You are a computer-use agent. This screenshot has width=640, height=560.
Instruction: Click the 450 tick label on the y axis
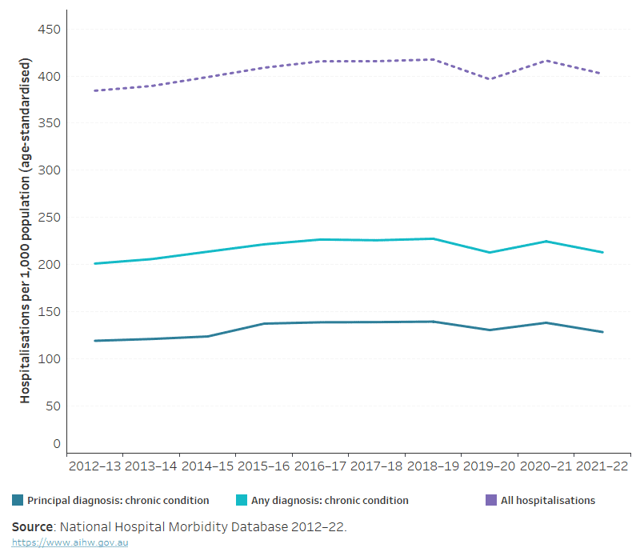click(49, 30)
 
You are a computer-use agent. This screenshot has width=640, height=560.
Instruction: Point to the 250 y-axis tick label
click(49, 218)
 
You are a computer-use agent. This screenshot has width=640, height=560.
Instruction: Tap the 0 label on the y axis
click(57, 444)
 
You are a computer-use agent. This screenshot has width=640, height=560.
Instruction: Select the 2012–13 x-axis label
click(94, 466)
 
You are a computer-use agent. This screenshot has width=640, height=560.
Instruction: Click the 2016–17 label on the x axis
click(320, 466)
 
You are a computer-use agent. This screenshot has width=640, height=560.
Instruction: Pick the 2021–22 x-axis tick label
click(602, 466)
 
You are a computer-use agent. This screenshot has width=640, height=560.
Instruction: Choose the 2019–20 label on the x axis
click(489, 466)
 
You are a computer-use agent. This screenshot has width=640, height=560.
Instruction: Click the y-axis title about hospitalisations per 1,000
click(26, 230)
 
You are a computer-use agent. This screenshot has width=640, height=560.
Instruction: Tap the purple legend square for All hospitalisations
click(491, 500)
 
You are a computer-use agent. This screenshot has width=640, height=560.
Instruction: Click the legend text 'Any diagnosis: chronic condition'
click(330, 501)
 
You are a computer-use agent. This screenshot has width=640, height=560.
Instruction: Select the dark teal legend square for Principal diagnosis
click(18, 500)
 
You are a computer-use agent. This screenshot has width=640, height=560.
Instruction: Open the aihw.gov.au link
click(70, 542)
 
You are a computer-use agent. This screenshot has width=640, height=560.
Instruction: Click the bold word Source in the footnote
click(32, 527)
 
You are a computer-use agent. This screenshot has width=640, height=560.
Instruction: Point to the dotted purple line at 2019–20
click(490, 79)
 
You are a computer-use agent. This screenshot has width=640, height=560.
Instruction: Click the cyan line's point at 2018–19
click(433, 238)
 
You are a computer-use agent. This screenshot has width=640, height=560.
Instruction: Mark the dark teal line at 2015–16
click(264, 324)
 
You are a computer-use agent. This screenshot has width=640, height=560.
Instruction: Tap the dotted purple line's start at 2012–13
click(94, 90)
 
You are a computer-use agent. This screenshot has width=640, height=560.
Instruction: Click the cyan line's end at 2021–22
click(602, 252)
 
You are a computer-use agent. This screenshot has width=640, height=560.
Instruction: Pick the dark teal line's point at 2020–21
click(546, 323)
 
